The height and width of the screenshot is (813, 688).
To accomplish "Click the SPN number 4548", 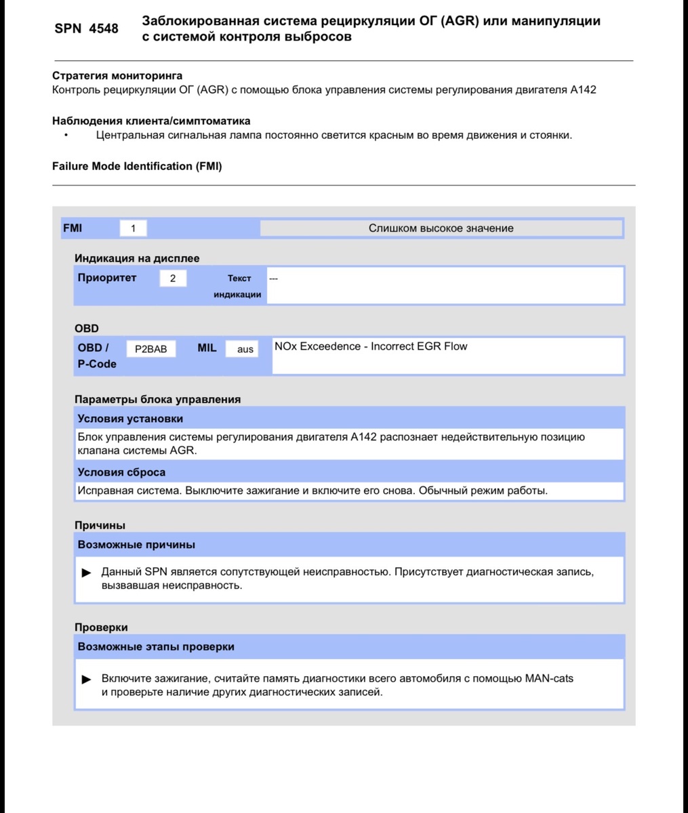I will click(103, 28).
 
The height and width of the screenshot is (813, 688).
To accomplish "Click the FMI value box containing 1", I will click(133, 228).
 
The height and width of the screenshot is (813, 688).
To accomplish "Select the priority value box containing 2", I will click(173, 278).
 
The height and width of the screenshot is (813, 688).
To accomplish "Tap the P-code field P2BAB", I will click(150, 349).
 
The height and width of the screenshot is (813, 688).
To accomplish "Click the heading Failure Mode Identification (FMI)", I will click(137, 166).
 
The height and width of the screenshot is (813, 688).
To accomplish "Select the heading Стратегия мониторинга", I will click(117, 76).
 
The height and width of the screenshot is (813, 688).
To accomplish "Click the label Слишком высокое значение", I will click(441, 228).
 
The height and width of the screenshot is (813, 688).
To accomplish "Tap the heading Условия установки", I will click(130, 419).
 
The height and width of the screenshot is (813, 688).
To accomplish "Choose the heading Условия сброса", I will click(121, 472).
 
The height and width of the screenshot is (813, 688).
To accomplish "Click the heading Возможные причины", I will click(136, 545).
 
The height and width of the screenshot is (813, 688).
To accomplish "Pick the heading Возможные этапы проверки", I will click(156, 646).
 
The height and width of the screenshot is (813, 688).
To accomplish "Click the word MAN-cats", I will click(549, 678).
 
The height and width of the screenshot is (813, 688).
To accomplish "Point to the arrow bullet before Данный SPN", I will click(87, 572).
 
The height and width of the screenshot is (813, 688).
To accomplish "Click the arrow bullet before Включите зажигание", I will click(87, 679).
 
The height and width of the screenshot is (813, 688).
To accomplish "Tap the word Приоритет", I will click(107, 278).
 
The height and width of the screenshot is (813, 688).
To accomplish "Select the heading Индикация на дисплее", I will click(137, 258).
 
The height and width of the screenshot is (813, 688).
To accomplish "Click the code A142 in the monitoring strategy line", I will click(583, 89).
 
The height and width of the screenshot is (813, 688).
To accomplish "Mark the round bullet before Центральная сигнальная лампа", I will click(66, 135).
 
